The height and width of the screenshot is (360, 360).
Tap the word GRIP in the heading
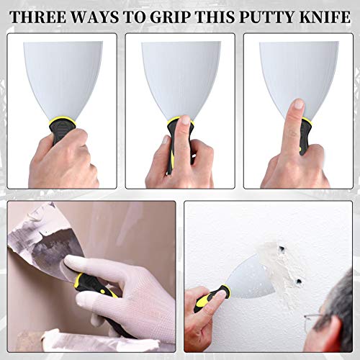coord(181,14)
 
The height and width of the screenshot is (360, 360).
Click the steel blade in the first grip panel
coord(63,76)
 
